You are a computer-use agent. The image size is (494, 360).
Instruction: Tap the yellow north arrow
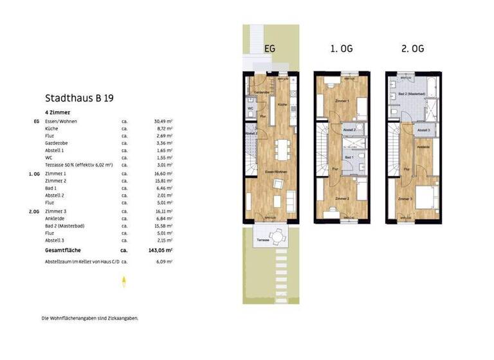click(123, 280)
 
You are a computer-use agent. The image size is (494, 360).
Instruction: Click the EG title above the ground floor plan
click(271, 49)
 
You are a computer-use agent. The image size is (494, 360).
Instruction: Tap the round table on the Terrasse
click(277, 237)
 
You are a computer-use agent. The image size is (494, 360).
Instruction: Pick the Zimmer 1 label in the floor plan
click(342, 101)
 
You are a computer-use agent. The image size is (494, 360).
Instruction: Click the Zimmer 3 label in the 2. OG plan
click(405, 199)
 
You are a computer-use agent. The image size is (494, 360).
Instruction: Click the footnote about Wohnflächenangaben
click(89, 318)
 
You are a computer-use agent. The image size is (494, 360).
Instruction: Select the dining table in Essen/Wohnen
click(280, 150)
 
